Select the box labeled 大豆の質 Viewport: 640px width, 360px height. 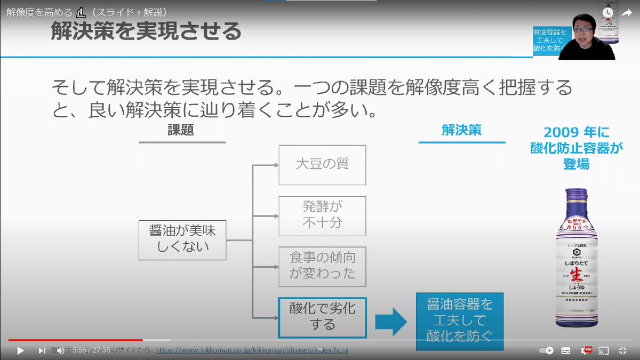[322, 164]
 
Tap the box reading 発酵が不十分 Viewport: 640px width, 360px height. [322, 215]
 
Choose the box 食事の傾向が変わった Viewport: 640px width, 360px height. [322, 266]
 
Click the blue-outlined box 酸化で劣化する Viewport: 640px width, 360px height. [322, 317]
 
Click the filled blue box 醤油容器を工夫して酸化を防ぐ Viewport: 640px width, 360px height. [460, 320]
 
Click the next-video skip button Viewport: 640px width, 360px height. [42, 350]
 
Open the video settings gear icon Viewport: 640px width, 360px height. [585, 350]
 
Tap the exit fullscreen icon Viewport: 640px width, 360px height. [622, 350]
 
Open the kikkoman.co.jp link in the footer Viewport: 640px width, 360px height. [252, 350]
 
